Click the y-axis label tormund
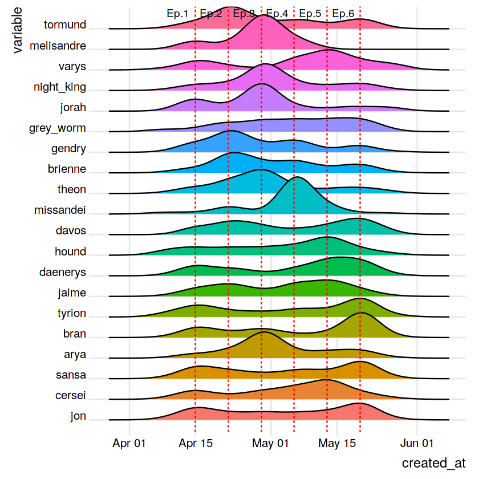65,25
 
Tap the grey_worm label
58,128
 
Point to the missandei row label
60,210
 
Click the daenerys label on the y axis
63,272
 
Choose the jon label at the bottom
78,416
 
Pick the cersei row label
71,396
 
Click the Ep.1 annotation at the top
177,14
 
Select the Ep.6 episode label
343,14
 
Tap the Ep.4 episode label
277,14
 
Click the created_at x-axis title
434,463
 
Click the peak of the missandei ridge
296,178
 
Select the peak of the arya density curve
263,332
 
